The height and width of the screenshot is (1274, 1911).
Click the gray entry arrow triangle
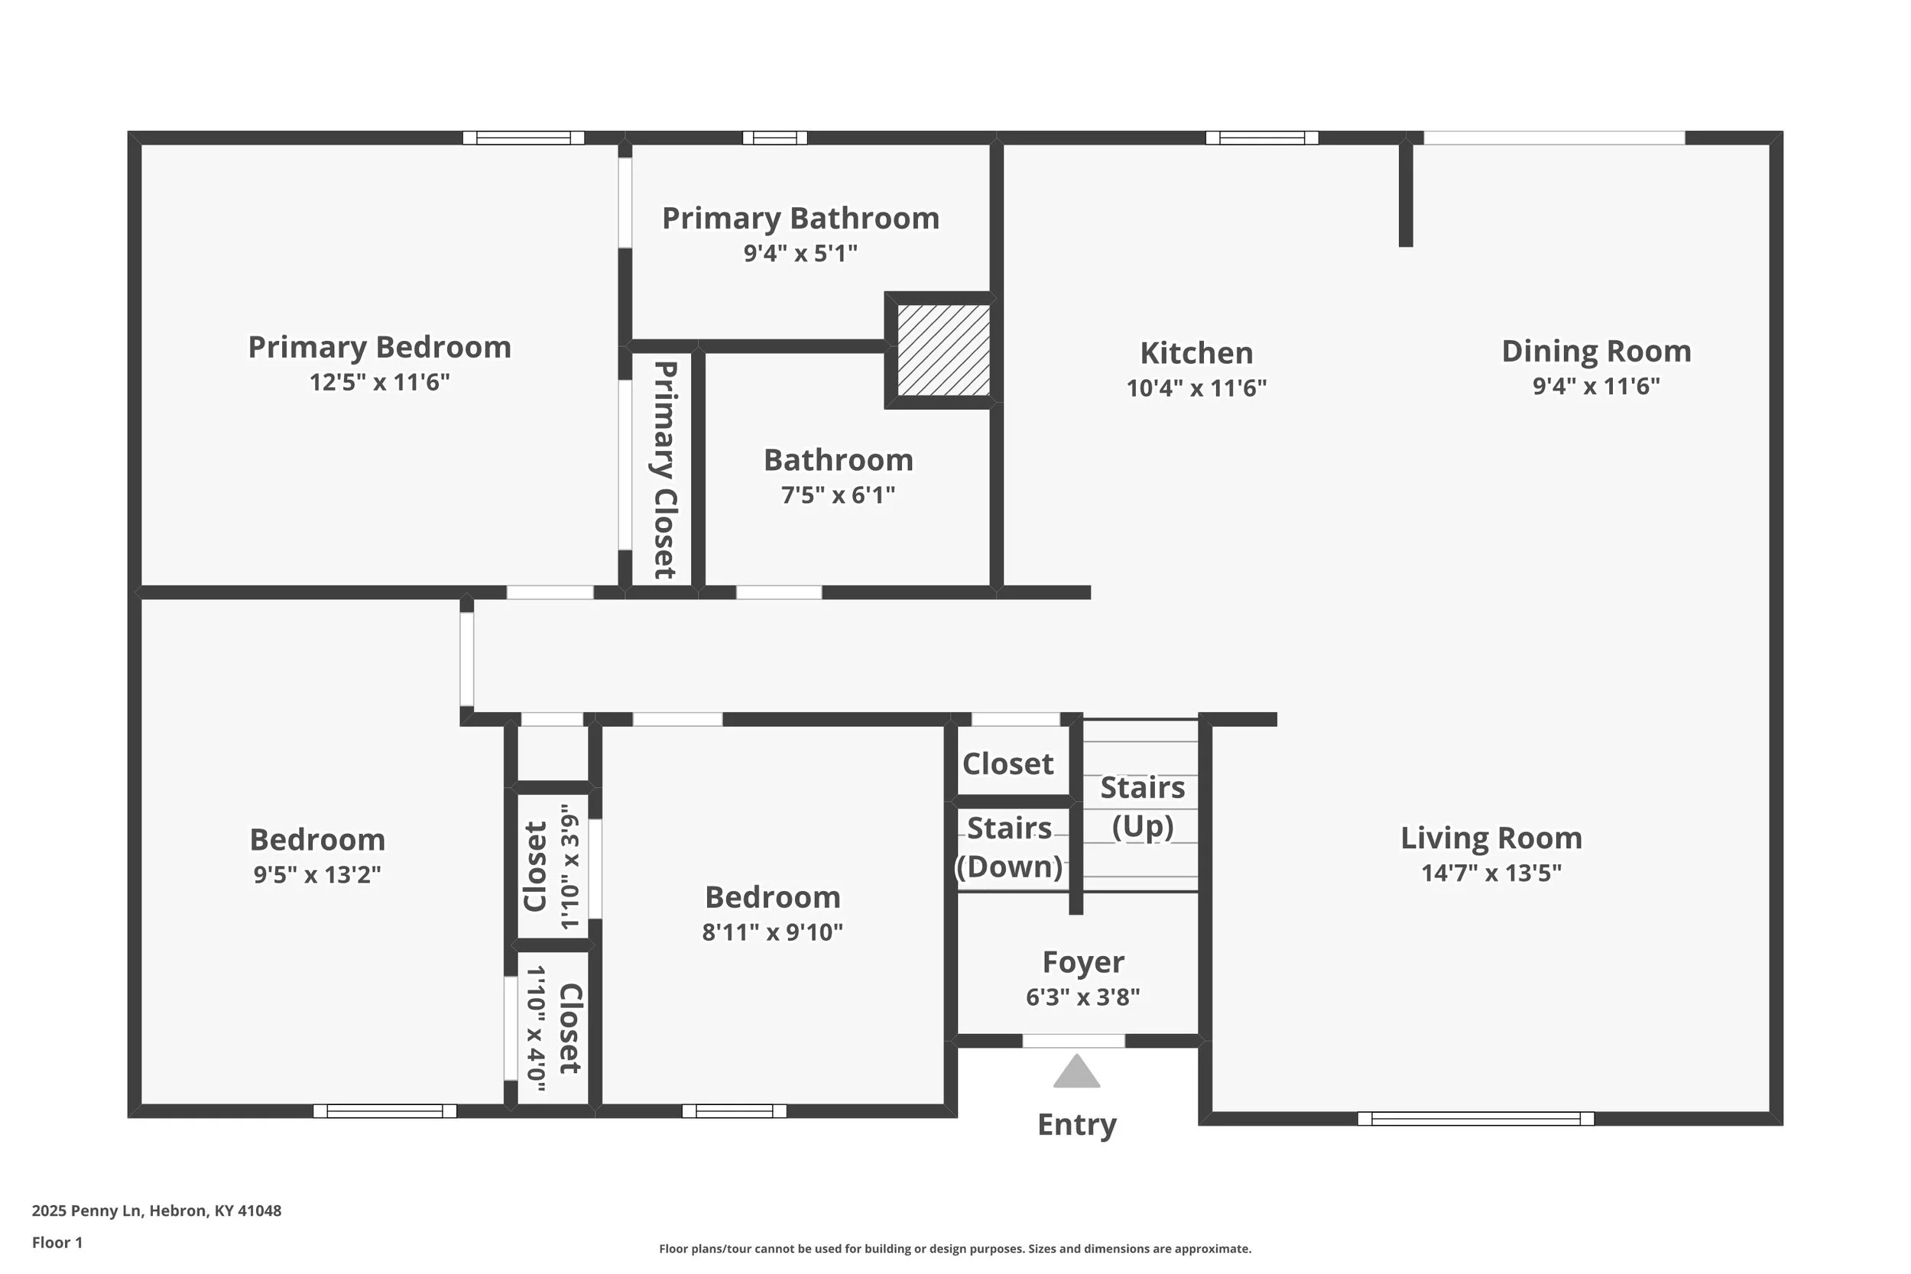(1076, 1072)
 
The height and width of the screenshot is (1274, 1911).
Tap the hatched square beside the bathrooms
(943, 350)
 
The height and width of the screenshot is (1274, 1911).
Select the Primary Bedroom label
(379, 348)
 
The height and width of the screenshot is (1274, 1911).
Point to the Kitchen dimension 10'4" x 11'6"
(1196, 388)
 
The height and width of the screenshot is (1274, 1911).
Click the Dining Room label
(1597, 351)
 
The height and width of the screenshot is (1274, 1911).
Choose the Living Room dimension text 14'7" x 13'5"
(1491, 873)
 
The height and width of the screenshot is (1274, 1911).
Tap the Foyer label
(1083, 963)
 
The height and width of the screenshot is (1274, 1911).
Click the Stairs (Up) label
(1142, 807)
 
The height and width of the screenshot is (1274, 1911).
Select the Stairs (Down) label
(1009, 848)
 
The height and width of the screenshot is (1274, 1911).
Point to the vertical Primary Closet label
(664, 469)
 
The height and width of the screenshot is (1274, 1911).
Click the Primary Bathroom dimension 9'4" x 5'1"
(800, 254)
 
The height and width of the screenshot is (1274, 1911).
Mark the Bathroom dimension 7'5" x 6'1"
(838, 494)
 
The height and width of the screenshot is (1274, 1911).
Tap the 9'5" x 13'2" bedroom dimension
(317, 874)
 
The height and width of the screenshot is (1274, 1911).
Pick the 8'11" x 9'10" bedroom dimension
(772, 932)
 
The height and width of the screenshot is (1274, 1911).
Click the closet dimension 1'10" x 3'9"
(570, 866)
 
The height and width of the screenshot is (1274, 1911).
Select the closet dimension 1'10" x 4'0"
(537, 1028)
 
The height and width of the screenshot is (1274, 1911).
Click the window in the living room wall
(1475, 1119)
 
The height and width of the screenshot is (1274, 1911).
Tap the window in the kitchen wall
(1262, 138)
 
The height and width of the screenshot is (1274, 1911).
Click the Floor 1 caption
(57, 1243)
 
